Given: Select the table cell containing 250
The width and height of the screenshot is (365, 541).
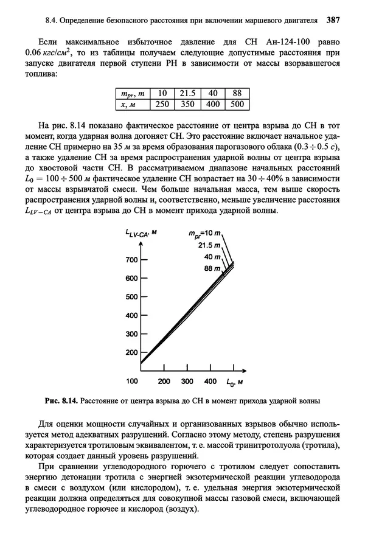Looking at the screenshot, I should [x=161, y=104].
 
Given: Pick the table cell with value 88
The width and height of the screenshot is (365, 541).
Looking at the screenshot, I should [x=237, y=93].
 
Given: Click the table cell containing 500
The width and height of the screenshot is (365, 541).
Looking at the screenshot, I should [x=237, y=104].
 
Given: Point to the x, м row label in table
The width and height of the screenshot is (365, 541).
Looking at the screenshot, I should [x=132, y=104].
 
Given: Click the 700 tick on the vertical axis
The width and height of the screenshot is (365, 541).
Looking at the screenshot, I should [x=131, y=260].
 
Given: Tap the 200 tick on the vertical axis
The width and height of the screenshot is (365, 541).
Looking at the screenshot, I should [x=131, y=352].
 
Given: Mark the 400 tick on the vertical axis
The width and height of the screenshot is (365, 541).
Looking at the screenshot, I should [x=131, y=315].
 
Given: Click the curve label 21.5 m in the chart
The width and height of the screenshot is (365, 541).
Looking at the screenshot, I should [x=207, y=246].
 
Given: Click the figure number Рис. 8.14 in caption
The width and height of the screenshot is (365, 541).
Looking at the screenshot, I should [x=61, y=402].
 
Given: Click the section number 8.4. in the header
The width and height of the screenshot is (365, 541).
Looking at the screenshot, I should [x=52, y=19].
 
